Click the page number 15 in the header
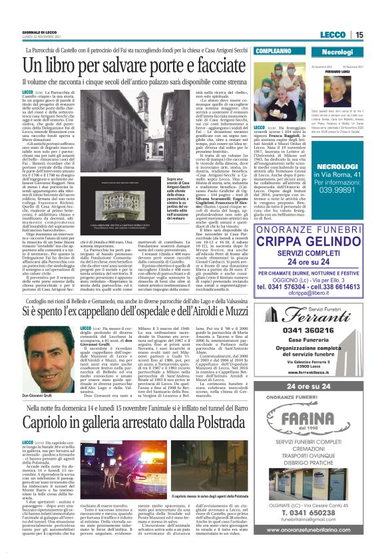[359, 35]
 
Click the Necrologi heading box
[337, 51]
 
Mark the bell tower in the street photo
[108, 472]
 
